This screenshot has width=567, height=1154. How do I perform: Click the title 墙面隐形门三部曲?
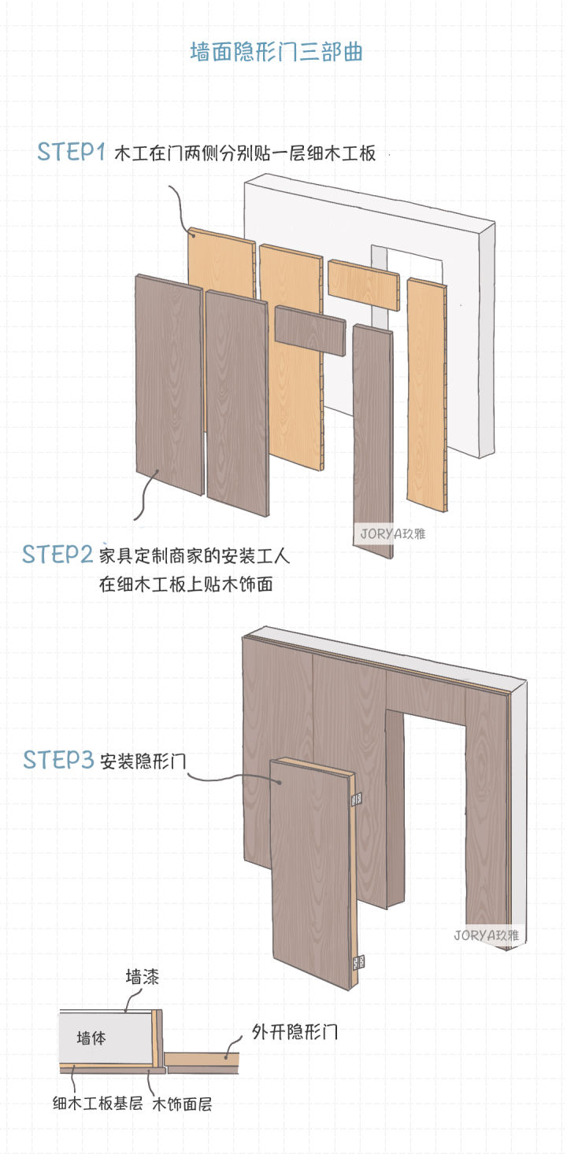[x=276, y=53]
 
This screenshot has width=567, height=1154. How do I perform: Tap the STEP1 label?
[x=71, y=152]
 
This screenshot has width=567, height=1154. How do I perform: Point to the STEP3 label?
[x=58, y=760]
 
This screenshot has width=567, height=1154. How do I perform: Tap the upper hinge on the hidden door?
[x=356, y=799]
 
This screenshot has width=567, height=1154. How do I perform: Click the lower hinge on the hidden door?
[x=358, y=961]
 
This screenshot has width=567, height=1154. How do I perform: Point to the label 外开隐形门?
[x=295, y=1031]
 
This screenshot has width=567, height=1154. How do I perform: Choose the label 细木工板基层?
[x=97, y=1104]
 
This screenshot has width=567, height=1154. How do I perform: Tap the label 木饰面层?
[x=183, y=1104]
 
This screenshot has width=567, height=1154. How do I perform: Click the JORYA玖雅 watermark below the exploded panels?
[x=393, y=532]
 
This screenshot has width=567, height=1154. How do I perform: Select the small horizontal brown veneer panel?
[x=310, y=330]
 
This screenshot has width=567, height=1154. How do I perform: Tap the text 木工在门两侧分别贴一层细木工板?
[x=245, y=153]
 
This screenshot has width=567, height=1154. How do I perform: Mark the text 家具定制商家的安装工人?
[x=195, y=556]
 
